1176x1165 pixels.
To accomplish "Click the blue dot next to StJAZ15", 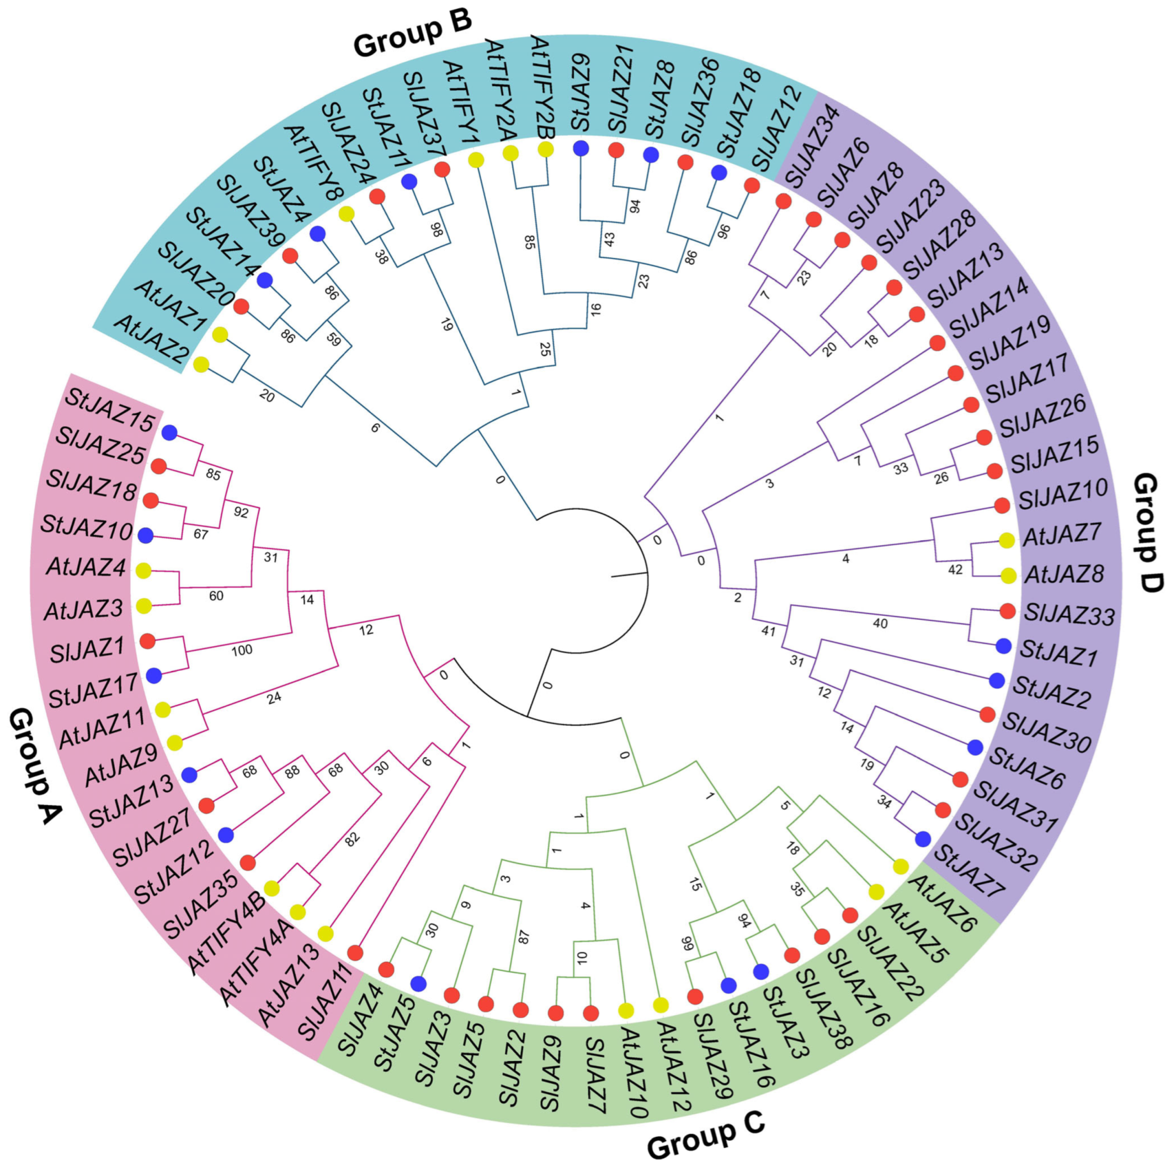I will coord(169,433).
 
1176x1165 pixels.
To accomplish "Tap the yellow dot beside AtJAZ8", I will coord(1008,575).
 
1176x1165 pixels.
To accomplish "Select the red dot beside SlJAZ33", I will coord(1007,610).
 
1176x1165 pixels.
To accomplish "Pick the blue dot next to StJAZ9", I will coord(581,147).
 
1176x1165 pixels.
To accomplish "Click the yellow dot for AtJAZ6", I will coord(900,868).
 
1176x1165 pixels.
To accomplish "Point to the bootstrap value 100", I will coord(242,650).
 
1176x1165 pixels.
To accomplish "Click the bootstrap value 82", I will coord(353,839).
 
